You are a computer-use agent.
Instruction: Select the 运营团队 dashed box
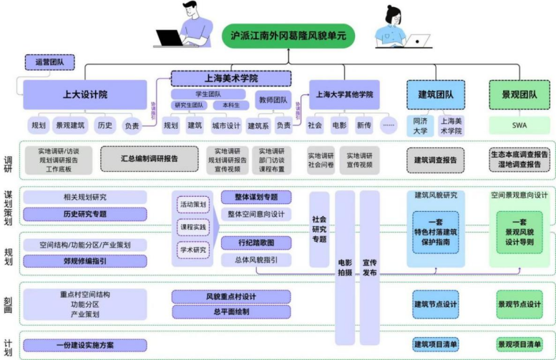pyautogui.click(x=49, y=62)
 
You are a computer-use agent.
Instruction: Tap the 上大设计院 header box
pyautogui.click(x=84, y=94)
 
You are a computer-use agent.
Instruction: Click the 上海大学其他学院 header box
pyautogui.click(x=345, y=94)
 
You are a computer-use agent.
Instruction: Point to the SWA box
pyautogui.click(x=519, y=125)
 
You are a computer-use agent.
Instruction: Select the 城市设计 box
pyautogui.click(x=225, y=126)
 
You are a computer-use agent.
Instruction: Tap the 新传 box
pyautogui.click(x=364, y=125)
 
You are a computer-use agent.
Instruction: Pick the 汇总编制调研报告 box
pyautogui.click(x=149, y=158)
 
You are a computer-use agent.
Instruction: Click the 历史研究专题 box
pyautogui.click(x=84, y=214)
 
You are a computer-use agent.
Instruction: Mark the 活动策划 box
pyautogui.click(x=193, y=205)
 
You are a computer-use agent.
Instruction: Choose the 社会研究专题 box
pyautogui.click(x=319, y=229)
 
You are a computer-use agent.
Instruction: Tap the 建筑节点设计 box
pyautogui.click(x=436, y=304)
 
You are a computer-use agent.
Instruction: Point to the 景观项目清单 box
pyautogui.click(x=520, y=344)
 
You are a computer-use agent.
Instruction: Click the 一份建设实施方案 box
pyautogui.click(x=84, y=344)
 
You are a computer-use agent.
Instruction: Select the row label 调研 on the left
pyautogui.click(x=8, y=159)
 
